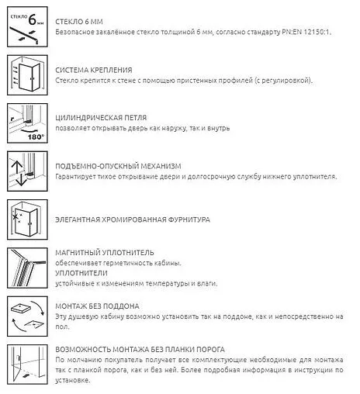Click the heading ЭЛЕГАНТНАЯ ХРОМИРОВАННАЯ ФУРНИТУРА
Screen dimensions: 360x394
[133, 220]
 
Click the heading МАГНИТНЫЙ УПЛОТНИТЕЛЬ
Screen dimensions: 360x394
[105, 252]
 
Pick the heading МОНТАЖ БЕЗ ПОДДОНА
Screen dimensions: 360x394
[98, 306]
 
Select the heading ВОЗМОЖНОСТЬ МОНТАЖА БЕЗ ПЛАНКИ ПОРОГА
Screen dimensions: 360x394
[147, 350]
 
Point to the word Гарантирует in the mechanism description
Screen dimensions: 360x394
[78, 177]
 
